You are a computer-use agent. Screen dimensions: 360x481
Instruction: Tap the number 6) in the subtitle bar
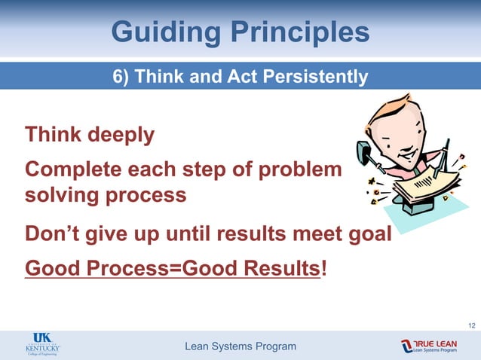point(124,77)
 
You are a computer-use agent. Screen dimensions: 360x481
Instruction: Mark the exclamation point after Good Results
point(324,268)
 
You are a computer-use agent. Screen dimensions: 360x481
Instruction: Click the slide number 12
point(471,325)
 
